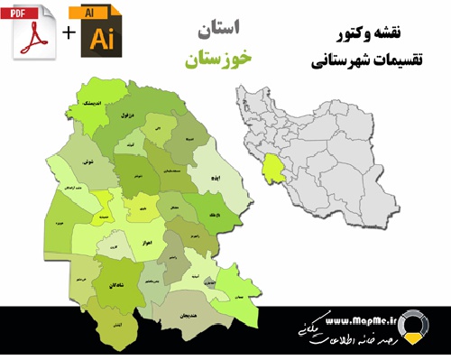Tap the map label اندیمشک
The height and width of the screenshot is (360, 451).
(x=92, y=105)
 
